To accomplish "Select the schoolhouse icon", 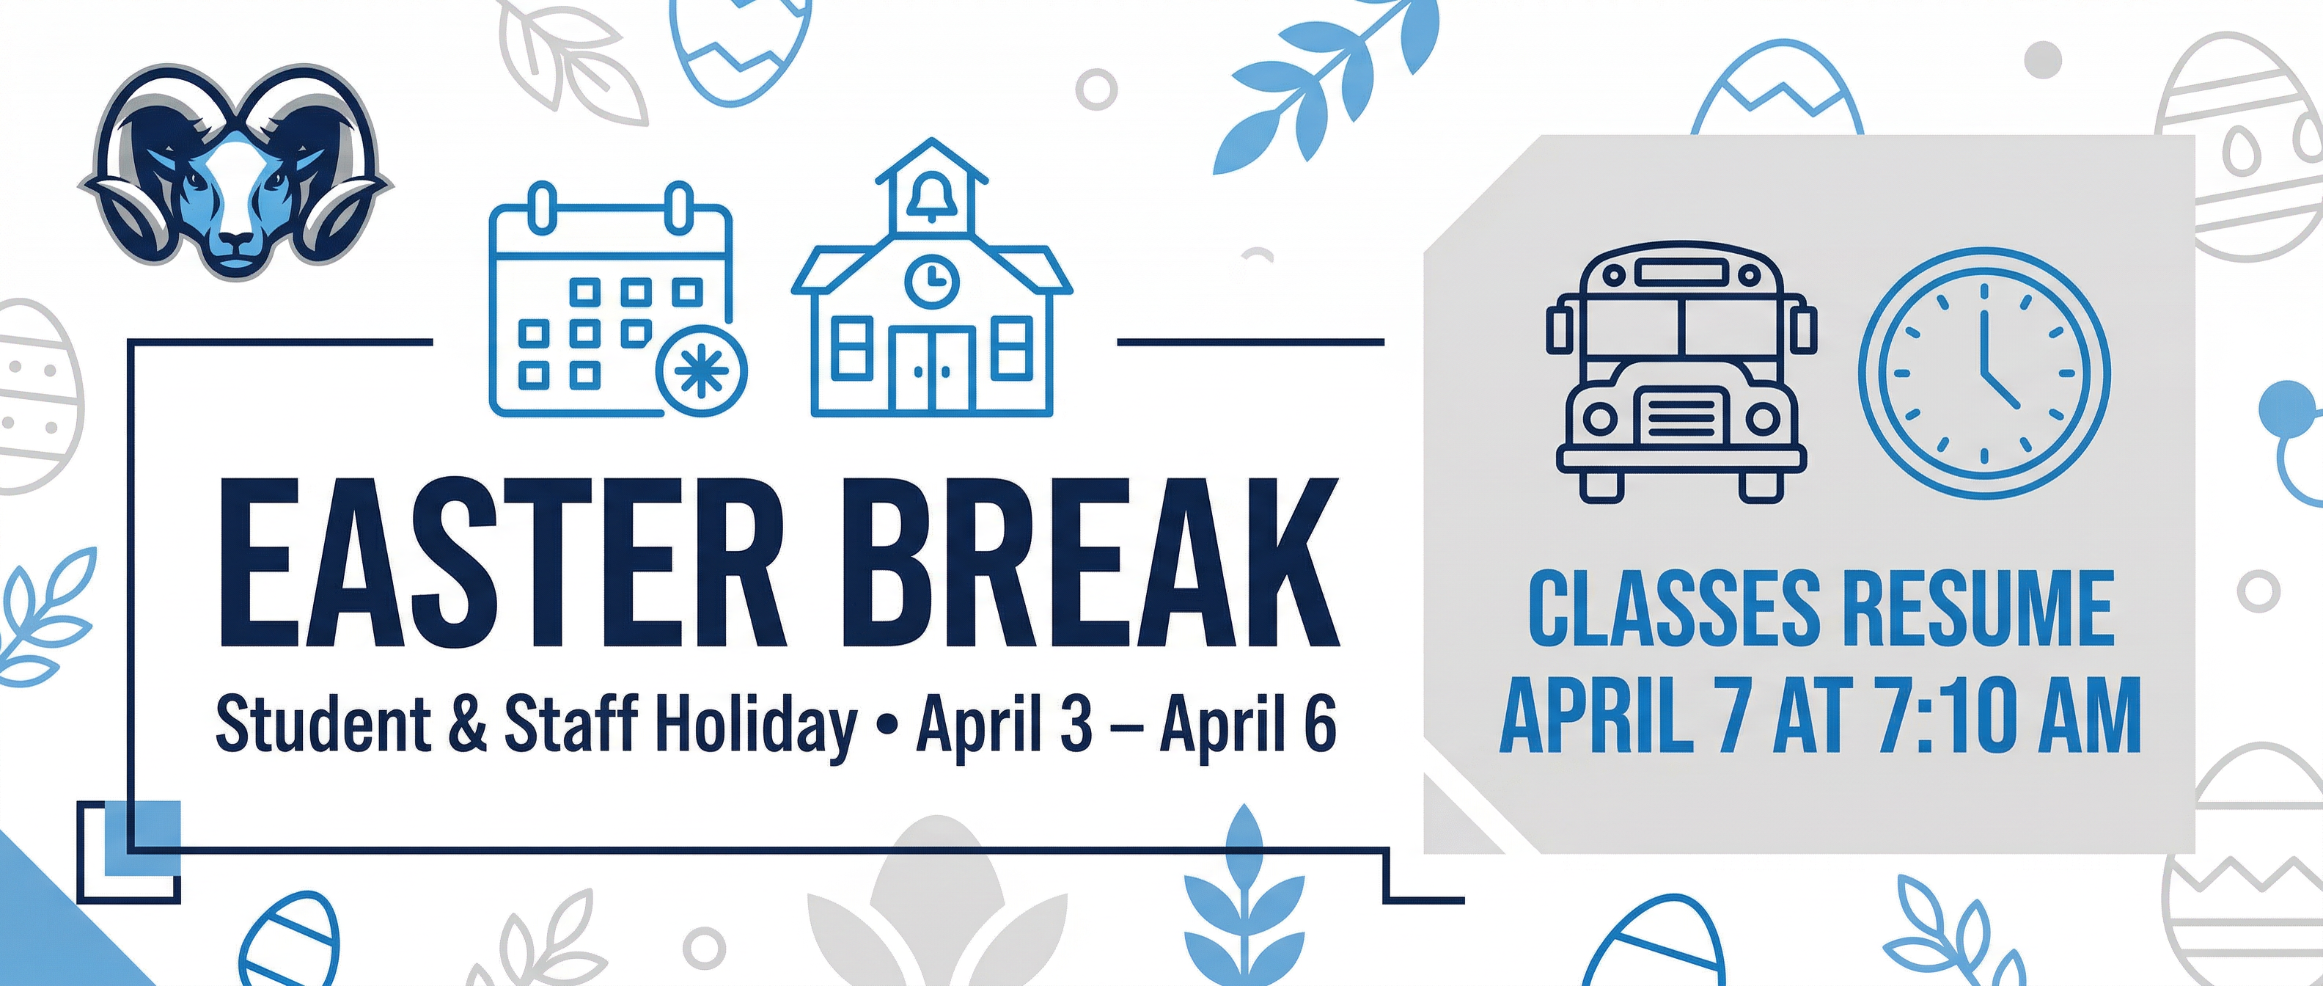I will click(931, 288).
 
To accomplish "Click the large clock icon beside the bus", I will click(1984, 373).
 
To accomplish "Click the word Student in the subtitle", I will click(323, 724).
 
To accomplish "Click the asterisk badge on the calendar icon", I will click(702, 373).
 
